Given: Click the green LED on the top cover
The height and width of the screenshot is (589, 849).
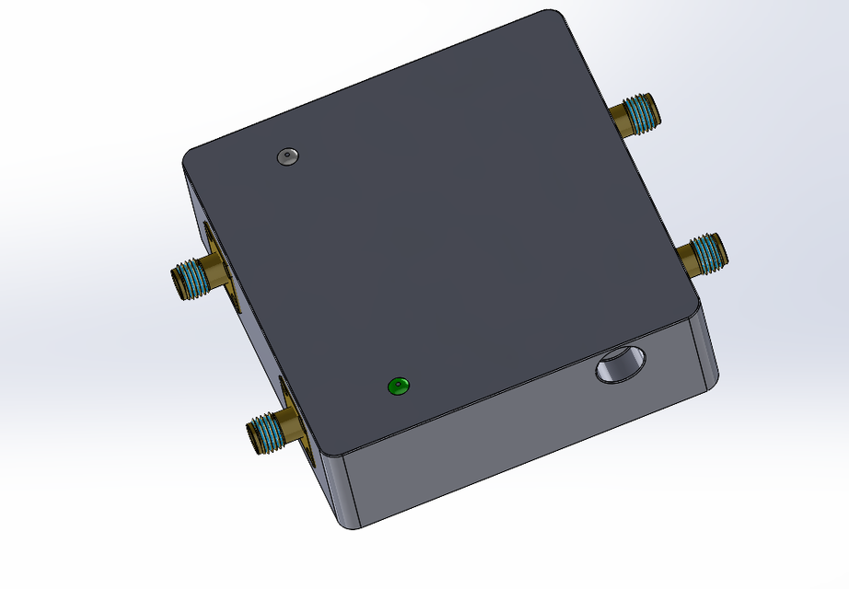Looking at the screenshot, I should coord(399,386).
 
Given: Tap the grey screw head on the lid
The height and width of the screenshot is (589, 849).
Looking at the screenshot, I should coord(288,156).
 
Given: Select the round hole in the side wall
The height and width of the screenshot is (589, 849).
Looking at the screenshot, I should coord(618,365).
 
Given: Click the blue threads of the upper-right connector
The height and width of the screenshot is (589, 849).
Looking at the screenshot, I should coord(642,111).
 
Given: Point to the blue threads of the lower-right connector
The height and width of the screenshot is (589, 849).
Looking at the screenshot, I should coord(707,251).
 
